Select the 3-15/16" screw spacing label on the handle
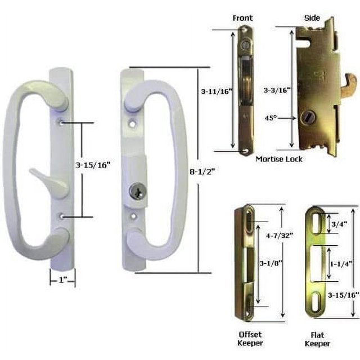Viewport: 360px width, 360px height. coord(93,165)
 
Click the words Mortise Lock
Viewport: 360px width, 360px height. coord(279,159)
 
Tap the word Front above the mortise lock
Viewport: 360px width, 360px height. coord(242,18)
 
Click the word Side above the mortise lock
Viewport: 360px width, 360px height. coord(312,18)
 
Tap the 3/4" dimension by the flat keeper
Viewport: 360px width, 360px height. coord(339,224)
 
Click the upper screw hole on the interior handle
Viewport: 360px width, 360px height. coord(60,120)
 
